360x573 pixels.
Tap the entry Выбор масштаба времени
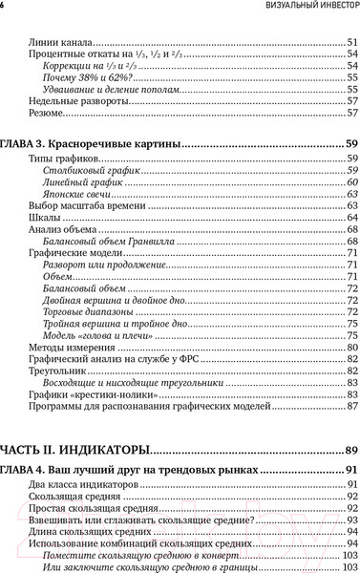coord(79,207)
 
